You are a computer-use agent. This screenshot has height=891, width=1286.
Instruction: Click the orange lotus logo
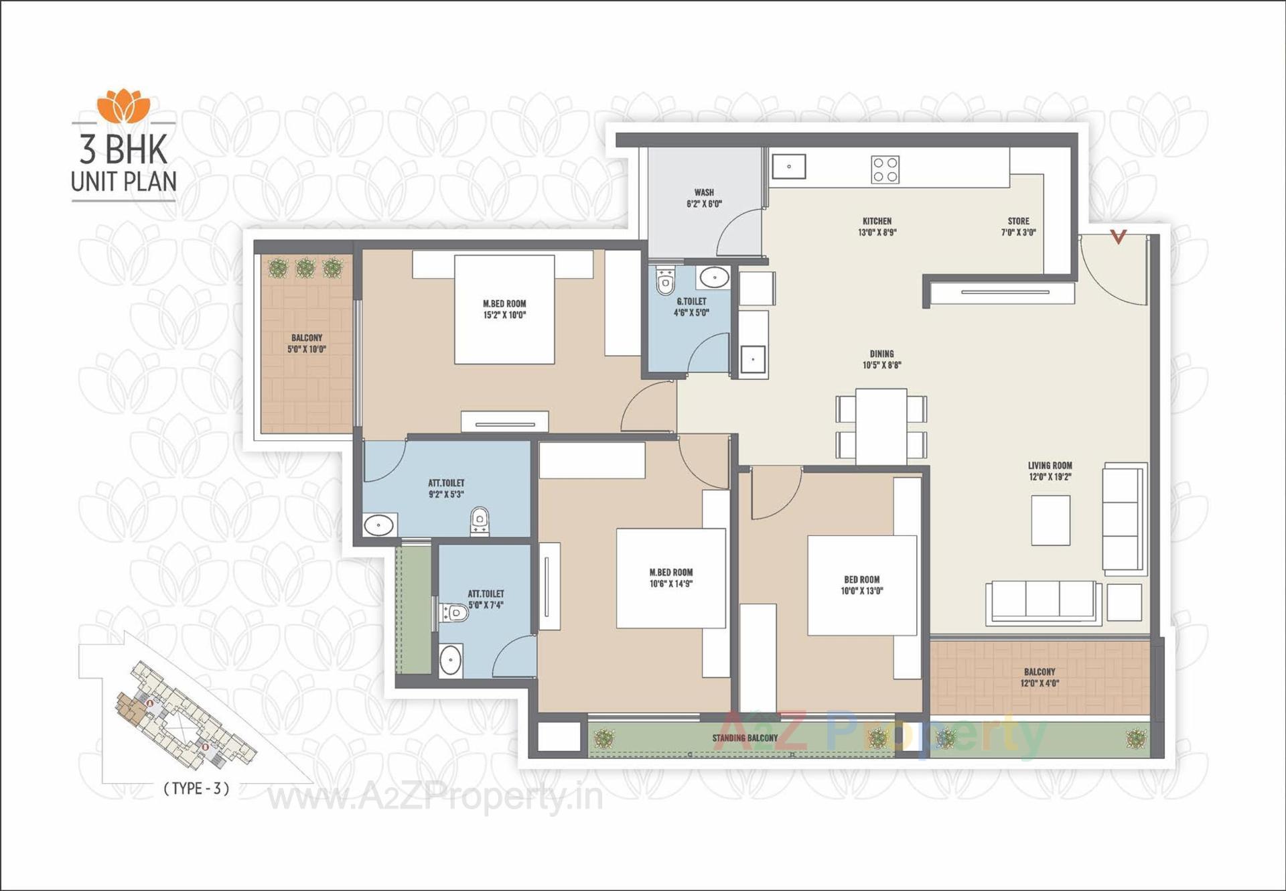123,106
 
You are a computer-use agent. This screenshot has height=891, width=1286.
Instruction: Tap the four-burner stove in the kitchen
885,169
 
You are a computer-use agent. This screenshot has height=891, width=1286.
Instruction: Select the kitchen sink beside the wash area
788,166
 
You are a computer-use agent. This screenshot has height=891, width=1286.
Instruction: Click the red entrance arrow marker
1118,236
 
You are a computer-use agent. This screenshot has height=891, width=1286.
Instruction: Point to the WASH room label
704,198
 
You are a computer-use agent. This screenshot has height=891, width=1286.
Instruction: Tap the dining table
881,426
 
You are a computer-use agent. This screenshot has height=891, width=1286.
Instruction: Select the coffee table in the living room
1050,520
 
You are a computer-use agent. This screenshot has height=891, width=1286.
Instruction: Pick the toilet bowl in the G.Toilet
665,283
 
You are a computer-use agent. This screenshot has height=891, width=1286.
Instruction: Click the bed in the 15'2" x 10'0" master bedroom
504,309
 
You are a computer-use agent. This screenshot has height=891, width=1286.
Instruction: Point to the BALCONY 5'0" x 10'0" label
307,343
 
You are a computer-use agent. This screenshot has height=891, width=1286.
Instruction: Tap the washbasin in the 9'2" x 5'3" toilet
378,525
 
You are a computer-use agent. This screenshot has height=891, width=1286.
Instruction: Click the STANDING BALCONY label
745,738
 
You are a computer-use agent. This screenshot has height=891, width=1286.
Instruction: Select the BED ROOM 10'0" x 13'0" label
861,585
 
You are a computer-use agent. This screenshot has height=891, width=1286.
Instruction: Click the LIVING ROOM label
1050,471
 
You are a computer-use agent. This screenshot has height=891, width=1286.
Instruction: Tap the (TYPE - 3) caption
196,789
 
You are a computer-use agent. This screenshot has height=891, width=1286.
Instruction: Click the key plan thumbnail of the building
181,717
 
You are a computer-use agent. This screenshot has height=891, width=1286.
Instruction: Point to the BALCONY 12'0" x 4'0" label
1039,677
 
